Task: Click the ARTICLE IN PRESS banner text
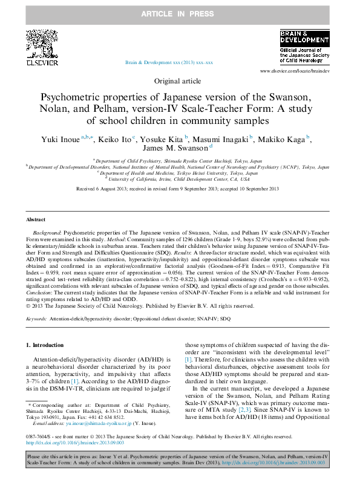click(180, 13)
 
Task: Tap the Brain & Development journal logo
click(304, 47)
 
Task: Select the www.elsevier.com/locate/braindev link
click(294, 71)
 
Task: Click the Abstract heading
click(36, 219)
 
